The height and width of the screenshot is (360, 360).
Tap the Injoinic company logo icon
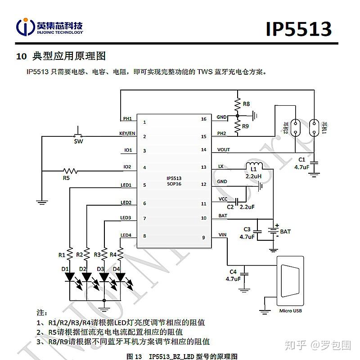[26, 27]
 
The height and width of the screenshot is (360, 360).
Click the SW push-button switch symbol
[78, 135]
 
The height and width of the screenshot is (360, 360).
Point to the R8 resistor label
[246, 104]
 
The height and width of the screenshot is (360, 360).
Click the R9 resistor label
[246, 126]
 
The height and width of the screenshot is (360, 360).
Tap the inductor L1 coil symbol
[254, 165]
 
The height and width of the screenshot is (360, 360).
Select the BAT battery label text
[285, 231]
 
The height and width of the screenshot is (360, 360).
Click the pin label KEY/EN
[127, 133]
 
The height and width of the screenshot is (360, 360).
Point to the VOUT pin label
[224, 150]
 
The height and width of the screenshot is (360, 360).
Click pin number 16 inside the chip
[203, 119]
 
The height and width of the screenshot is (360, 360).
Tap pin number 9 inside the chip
[203, 237]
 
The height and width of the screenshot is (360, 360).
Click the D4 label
[117, 269]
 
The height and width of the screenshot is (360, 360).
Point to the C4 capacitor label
[233, 272]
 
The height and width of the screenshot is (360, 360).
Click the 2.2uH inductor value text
[253, 176]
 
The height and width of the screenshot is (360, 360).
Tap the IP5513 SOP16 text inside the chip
[174, 181]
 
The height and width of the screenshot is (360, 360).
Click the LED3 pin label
[126, 218]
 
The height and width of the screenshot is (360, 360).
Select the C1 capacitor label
[301, 160]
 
